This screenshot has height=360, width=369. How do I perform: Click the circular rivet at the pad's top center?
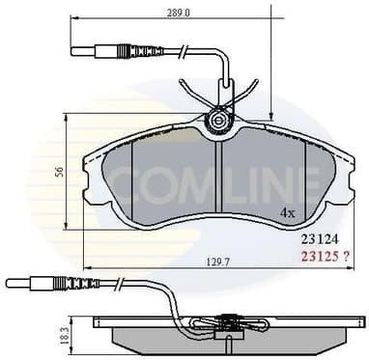pos(220,122)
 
